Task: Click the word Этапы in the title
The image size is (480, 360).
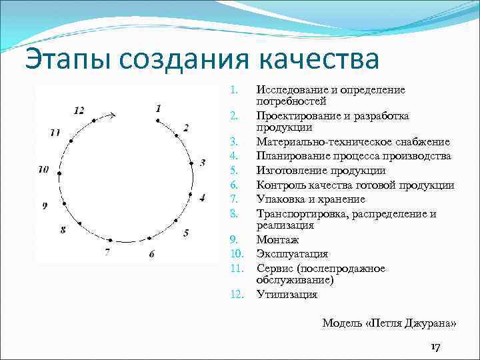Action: pos(65,59)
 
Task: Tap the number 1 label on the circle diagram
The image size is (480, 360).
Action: pos(158,108)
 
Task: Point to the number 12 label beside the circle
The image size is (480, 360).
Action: pos(79,111)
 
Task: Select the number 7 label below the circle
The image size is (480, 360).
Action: pos(107,253)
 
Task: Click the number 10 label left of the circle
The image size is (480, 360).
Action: pos(43,170)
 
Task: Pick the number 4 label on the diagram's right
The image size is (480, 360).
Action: pos(203,197)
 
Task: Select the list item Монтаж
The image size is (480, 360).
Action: pos(277,239)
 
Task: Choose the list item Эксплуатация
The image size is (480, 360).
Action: pos(292,254)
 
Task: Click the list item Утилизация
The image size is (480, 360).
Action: pos(287,294)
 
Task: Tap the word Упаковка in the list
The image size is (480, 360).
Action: pos(279,199)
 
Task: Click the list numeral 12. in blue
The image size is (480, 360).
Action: pos(235,294)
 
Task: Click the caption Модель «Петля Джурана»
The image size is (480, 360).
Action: pos(389,323)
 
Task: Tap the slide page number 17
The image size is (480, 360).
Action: pos(435,347)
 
